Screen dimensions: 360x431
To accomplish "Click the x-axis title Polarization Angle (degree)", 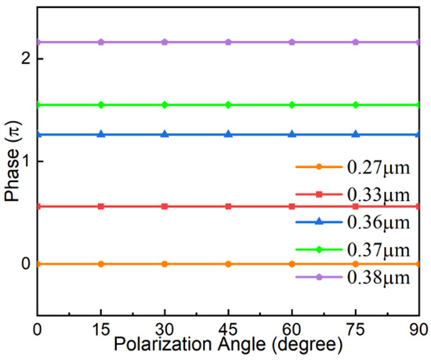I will [228, 345].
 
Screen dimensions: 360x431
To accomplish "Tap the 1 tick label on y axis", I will [26, 162].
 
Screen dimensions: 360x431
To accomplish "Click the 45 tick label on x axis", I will [228, 329].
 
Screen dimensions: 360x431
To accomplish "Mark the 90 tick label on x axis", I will [418, 329].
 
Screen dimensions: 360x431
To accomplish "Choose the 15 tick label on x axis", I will [100, 329].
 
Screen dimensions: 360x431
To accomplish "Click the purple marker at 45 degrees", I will [228, 42].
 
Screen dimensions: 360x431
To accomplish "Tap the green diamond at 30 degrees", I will [165, 104].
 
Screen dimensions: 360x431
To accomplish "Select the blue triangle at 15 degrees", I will [100, 134].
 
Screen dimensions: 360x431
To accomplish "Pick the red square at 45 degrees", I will [228, 206].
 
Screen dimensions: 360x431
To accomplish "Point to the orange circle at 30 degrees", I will [165, 264].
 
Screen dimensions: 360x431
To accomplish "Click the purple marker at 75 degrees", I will [356, 42].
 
